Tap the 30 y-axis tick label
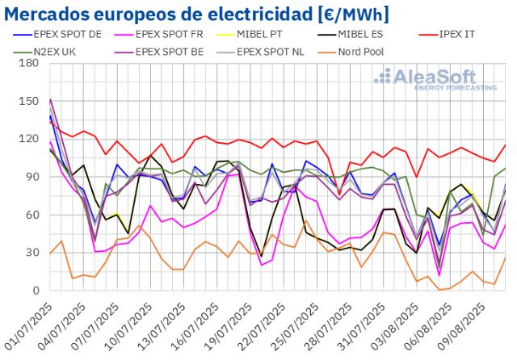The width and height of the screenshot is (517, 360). (33, 253)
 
